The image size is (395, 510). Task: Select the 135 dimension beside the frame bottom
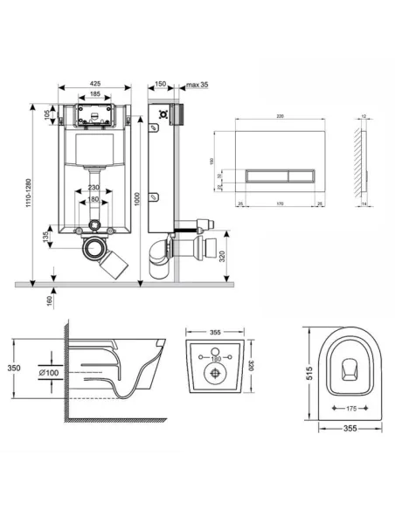(x=46, y=238)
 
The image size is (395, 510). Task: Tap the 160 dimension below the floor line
(x=49, y=300)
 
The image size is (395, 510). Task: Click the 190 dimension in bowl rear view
(x=214, y=358)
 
